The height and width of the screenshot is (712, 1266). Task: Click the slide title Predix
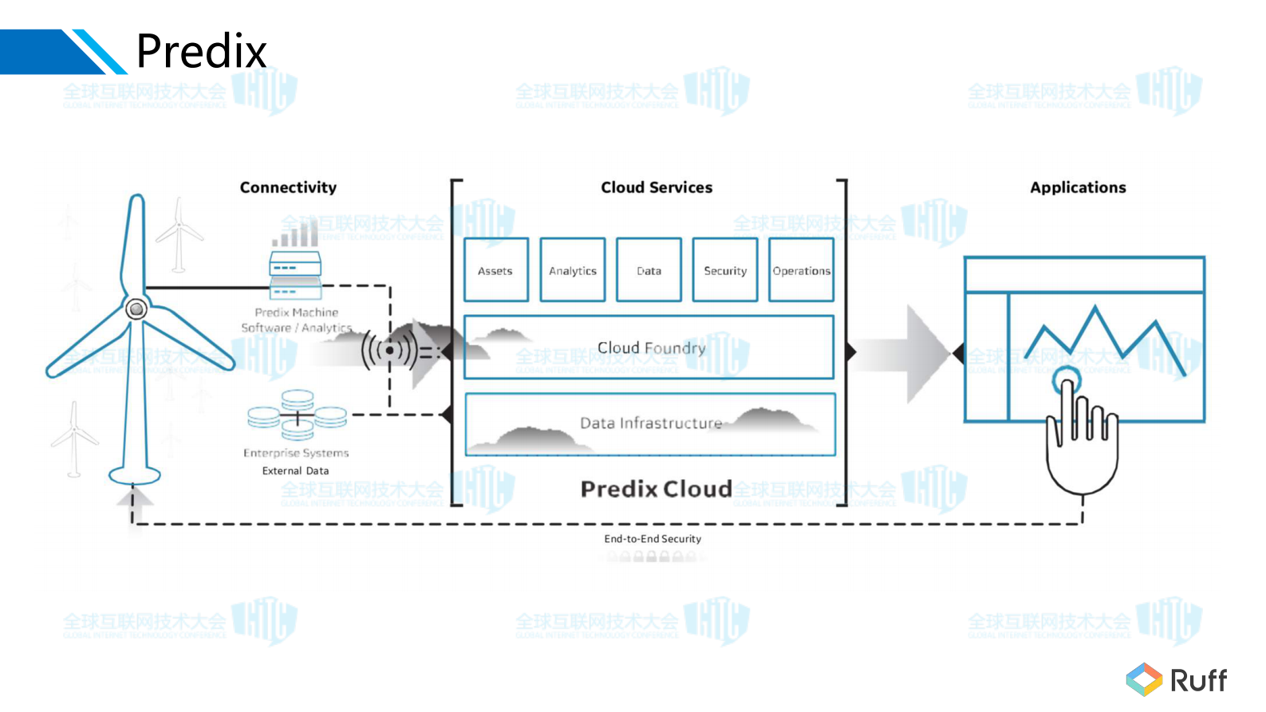(201, 52)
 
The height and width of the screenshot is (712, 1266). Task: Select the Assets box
(495, 270)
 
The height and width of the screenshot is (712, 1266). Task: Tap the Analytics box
(572, 270)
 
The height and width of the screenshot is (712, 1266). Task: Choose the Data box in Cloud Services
(649, 270)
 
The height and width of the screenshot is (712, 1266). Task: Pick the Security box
(725, 270)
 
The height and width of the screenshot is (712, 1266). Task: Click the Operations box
(801, 270)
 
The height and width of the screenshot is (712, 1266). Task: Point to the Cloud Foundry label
(651, 348)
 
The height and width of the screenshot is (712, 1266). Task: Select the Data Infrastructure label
(651, 423)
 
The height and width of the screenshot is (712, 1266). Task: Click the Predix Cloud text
(656, 489)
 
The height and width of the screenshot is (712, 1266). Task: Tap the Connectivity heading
(288, 187)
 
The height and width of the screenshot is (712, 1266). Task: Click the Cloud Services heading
(657, 187)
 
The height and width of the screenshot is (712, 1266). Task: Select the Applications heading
(1078, 187)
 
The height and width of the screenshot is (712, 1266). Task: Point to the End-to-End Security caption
(653, 539)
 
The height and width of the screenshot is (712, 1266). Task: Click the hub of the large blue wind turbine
(136, 309)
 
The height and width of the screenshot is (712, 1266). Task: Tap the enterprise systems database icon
(297, 415)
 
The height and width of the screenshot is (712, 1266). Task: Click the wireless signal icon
(389, 350)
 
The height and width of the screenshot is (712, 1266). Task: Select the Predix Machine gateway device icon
(295, 275)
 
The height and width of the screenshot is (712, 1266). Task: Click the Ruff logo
(1177, 680)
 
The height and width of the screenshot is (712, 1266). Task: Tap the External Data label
(295, 471)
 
